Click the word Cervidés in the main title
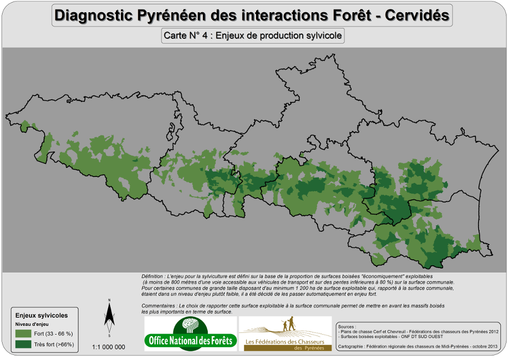coord(417,16)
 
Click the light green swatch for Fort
coord(23,334)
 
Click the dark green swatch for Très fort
coord(23,344)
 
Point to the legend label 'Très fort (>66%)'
coord(54,344)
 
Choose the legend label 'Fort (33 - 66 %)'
coord(54,334)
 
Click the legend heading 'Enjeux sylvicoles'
coord(42,316)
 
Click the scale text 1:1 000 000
coord(108,347)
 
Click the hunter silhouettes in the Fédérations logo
coord(288,324)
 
